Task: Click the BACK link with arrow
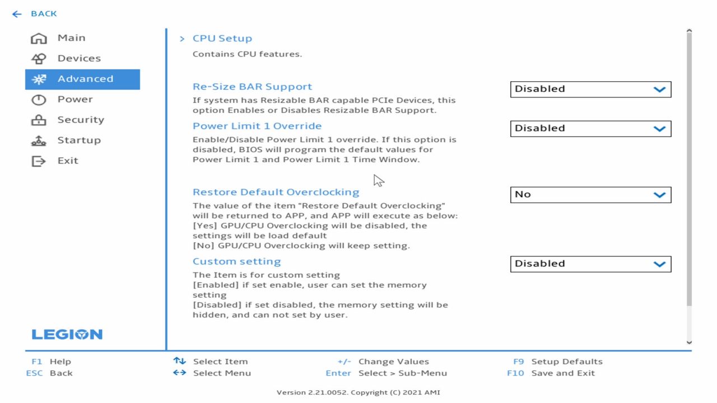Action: [x=34, y=14]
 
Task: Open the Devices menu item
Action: [x=66, y=59]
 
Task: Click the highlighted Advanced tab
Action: [x=82, y=79]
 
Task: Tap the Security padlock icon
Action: [x=39, y=120]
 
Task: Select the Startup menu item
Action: [x=66, y=140]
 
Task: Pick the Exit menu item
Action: [x=54, y=161]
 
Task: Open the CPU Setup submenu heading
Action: [x=222, y=39]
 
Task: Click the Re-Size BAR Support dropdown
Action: [x=590, y=89]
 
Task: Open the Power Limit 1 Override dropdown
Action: [x=590, y=128]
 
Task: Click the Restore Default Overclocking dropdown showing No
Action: [x=590, y=194]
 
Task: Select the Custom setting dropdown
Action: [x=590, y=264]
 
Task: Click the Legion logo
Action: [x=67, y=334]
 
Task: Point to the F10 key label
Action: [x=515, y=373]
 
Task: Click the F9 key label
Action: [x=519, y=362]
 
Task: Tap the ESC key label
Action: [x=34, y=373]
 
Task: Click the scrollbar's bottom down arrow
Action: [x=689, y=342]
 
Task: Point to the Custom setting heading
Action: [x=236, y=261]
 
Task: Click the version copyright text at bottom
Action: [x=358, y=392]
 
